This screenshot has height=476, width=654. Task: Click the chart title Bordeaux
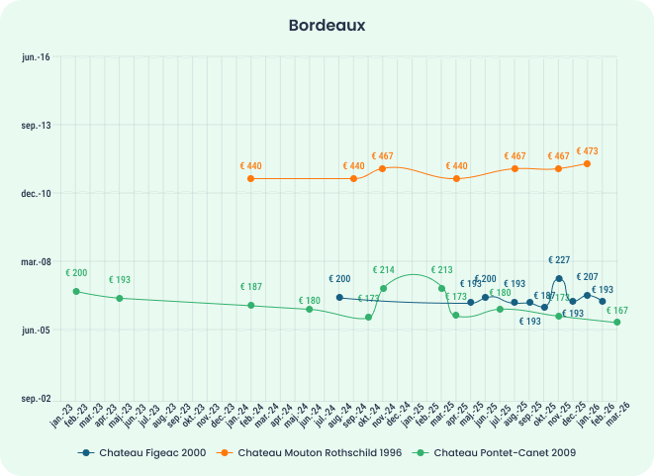click(327, 25)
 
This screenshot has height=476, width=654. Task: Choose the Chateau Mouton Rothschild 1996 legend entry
click(314, 452)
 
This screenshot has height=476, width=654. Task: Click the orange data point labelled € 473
click(588, 163)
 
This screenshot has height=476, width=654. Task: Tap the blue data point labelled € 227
click(559, 279)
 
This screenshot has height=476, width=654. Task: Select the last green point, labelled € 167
click(617, 323)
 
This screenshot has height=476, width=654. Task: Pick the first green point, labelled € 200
click(76, 291)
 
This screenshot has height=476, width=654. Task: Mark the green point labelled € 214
click(383, 289)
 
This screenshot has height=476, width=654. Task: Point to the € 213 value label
click(441, 270)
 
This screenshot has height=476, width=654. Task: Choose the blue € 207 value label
click(587, 277)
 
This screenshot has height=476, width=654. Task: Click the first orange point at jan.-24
click(251, 179)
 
